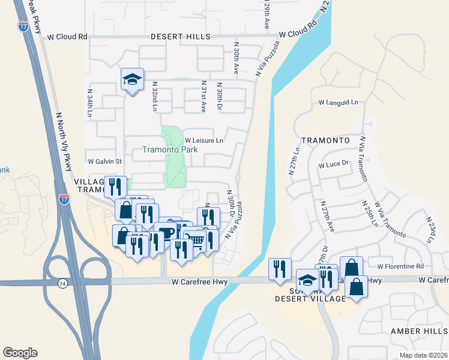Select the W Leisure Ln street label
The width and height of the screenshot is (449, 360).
[203, 140]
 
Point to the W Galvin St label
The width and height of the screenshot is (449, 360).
[105, 161]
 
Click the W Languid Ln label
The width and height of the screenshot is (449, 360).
[338, 103]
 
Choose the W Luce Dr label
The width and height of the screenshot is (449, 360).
[334, 164]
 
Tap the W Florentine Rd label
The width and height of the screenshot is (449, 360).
[400, 266]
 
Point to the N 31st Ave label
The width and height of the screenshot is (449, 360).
[204, 97]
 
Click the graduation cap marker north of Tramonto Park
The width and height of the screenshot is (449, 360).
[133, 79]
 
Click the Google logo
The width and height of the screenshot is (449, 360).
[20, 353]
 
